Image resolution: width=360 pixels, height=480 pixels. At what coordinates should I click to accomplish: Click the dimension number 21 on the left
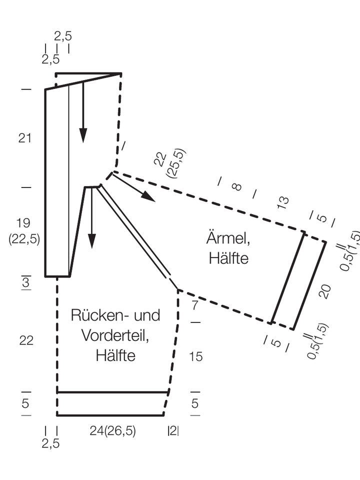click(x=25, y=138)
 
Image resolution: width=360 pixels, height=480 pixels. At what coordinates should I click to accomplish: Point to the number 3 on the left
click(x=26, y=282)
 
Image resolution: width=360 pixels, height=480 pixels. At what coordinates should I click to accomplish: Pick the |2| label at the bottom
click(x=173, y=431)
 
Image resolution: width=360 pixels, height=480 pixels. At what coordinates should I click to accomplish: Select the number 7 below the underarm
click(x=195, y=305)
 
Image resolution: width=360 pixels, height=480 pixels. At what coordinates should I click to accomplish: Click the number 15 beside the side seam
click(x=195, y=356)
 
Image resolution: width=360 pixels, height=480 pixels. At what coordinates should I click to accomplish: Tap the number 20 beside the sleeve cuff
click(x=325, y=291)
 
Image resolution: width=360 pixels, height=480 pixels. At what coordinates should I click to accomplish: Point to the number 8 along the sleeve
click(x=237, y=186)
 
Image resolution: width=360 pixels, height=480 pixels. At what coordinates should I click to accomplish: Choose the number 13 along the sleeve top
click(x=283, y=202)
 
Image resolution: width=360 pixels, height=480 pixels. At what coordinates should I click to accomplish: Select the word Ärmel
click(x=228, y=237)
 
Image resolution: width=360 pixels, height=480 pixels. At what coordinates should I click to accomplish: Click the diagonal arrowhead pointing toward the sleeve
click(x=149, y=196)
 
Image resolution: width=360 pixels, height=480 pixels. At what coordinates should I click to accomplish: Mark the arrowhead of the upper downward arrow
click(x=83, y=135)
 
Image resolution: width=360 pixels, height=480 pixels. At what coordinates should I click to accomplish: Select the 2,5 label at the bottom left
click(x=51, y=443)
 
